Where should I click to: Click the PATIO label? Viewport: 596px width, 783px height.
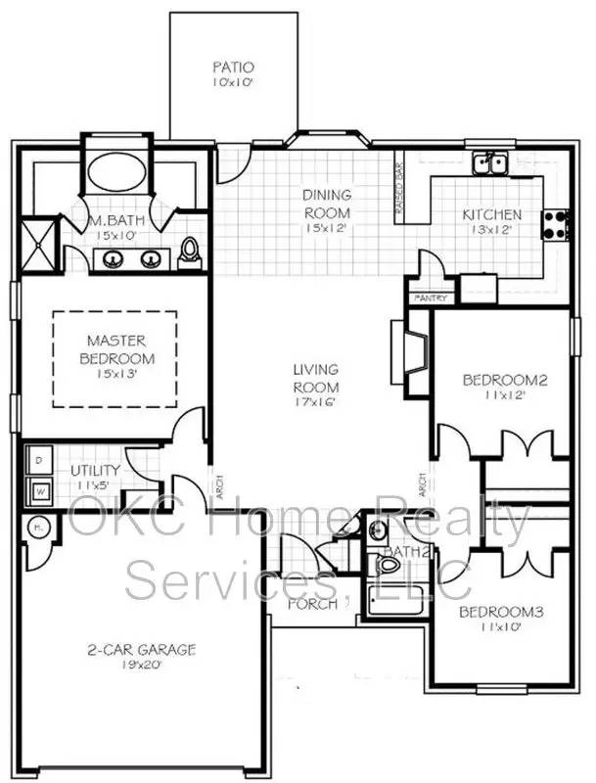click(x=234, y=68)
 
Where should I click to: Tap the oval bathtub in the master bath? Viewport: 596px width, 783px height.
click(x=115, y=174)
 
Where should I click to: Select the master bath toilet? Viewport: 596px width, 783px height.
click(x=191, y=253)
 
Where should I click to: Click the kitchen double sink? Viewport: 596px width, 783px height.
click(x=489, y=163)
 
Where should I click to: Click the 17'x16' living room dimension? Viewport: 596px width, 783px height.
click(x=315, y=402)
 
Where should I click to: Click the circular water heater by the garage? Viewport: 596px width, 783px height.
click(x=37, y=528)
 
